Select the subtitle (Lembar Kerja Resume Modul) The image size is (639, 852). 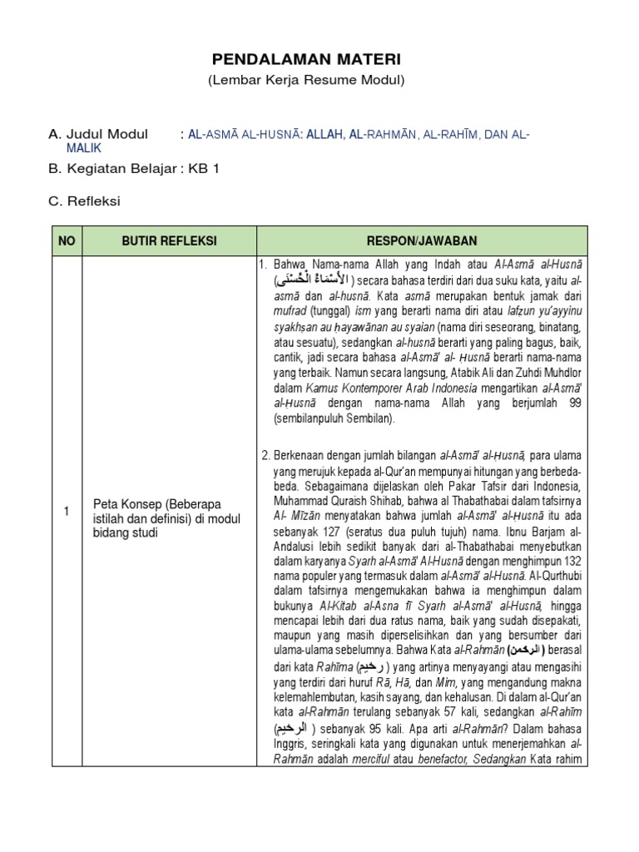click(x=305, y=80)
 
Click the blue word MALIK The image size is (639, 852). click(x=83, y=147)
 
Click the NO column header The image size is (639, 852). click(x=67, y=241)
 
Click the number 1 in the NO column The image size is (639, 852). click(x=67, y=513)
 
